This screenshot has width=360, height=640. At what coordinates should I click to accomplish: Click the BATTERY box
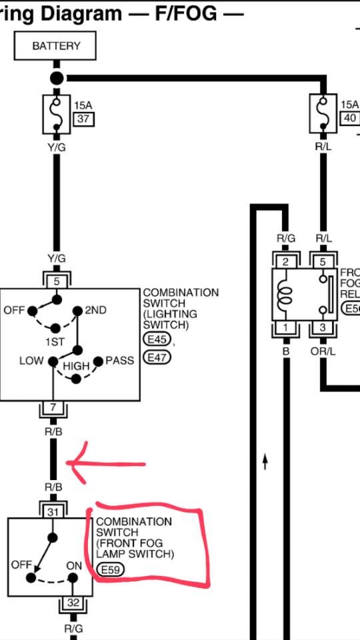(x=56, y=46)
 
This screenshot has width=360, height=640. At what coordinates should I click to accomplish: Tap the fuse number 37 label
(x=83, y=119)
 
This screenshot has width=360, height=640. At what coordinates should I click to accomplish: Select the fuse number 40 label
(x=349, y=118)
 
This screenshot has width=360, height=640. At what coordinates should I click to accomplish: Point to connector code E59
(x=109, y=570)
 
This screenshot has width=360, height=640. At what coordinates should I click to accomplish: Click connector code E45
(x=157, y=341)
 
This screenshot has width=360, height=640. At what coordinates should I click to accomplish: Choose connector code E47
(x=157, y=357)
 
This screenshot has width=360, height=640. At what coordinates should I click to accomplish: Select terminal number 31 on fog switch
(x=53, y=511)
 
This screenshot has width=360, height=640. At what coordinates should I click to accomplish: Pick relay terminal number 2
(x=285, y=262)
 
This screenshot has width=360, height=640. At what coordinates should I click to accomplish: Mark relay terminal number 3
(x=323, y=327)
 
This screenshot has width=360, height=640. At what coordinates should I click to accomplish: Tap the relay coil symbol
(x=285, y=294)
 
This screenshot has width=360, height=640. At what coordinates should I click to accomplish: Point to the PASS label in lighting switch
(x=121, y=361)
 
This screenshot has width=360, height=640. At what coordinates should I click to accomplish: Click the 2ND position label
(x=95, y=310)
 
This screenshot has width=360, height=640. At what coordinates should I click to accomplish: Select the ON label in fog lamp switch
(x=74, y=565)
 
